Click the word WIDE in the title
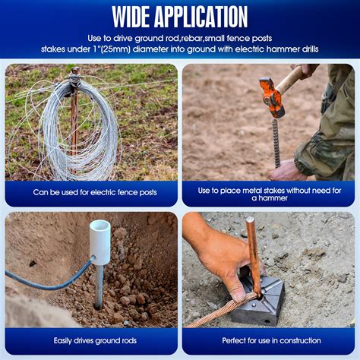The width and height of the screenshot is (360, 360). (x=131, y=17)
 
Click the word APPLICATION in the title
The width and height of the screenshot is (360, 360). (x=201, y=17)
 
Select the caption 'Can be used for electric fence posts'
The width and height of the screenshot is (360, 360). (x=95, y=192)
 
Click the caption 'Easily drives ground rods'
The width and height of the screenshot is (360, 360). (x=95, y=340)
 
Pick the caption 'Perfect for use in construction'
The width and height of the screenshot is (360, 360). (x=271, y=340)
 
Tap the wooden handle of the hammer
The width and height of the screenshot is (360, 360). (x=291, y=78)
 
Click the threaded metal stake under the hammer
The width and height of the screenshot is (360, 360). (x=276, y=143)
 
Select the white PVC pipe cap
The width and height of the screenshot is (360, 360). (x=100, y=242)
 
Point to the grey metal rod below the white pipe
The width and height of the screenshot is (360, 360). (x=99, y=286)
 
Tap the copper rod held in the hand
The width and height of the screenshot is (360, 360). (x=254, y=257)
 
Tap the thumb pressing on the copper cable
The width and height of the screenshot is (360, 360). (x=238, y=289)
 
